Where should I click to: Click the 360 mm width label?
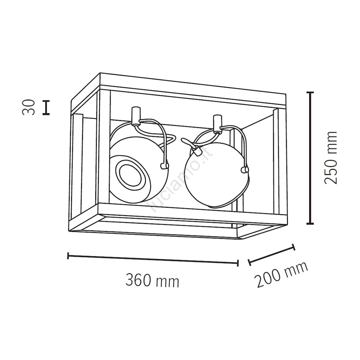(x=152, y=280)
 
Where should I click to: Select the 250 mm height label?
(x=330, y=158)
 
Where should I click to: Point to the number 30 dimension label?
(x=29, y=107)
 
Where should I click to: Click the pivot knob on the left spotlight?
(x=164, y=166)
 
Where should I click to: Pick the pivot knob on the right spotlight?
(x=245, y=170)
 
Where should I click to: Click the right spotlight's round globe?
(x=216, y=175)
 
